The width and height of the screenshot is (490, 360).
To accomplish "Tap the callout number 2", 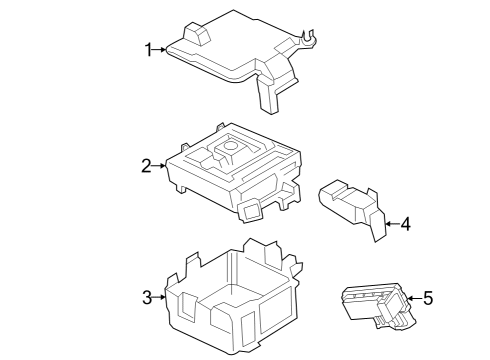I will [x=146, y=166].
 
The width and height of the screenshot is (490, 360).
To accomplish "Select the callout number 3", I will [x=146, y=297].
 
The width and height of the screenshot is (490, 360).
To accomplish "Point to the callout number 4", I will [x=405, y=224].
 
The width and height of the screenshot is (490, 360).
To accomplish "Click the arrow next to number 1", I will [x=162, y=49].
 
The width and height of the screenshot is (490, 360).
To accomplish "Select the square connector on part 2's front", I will [x=250, y=207].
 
